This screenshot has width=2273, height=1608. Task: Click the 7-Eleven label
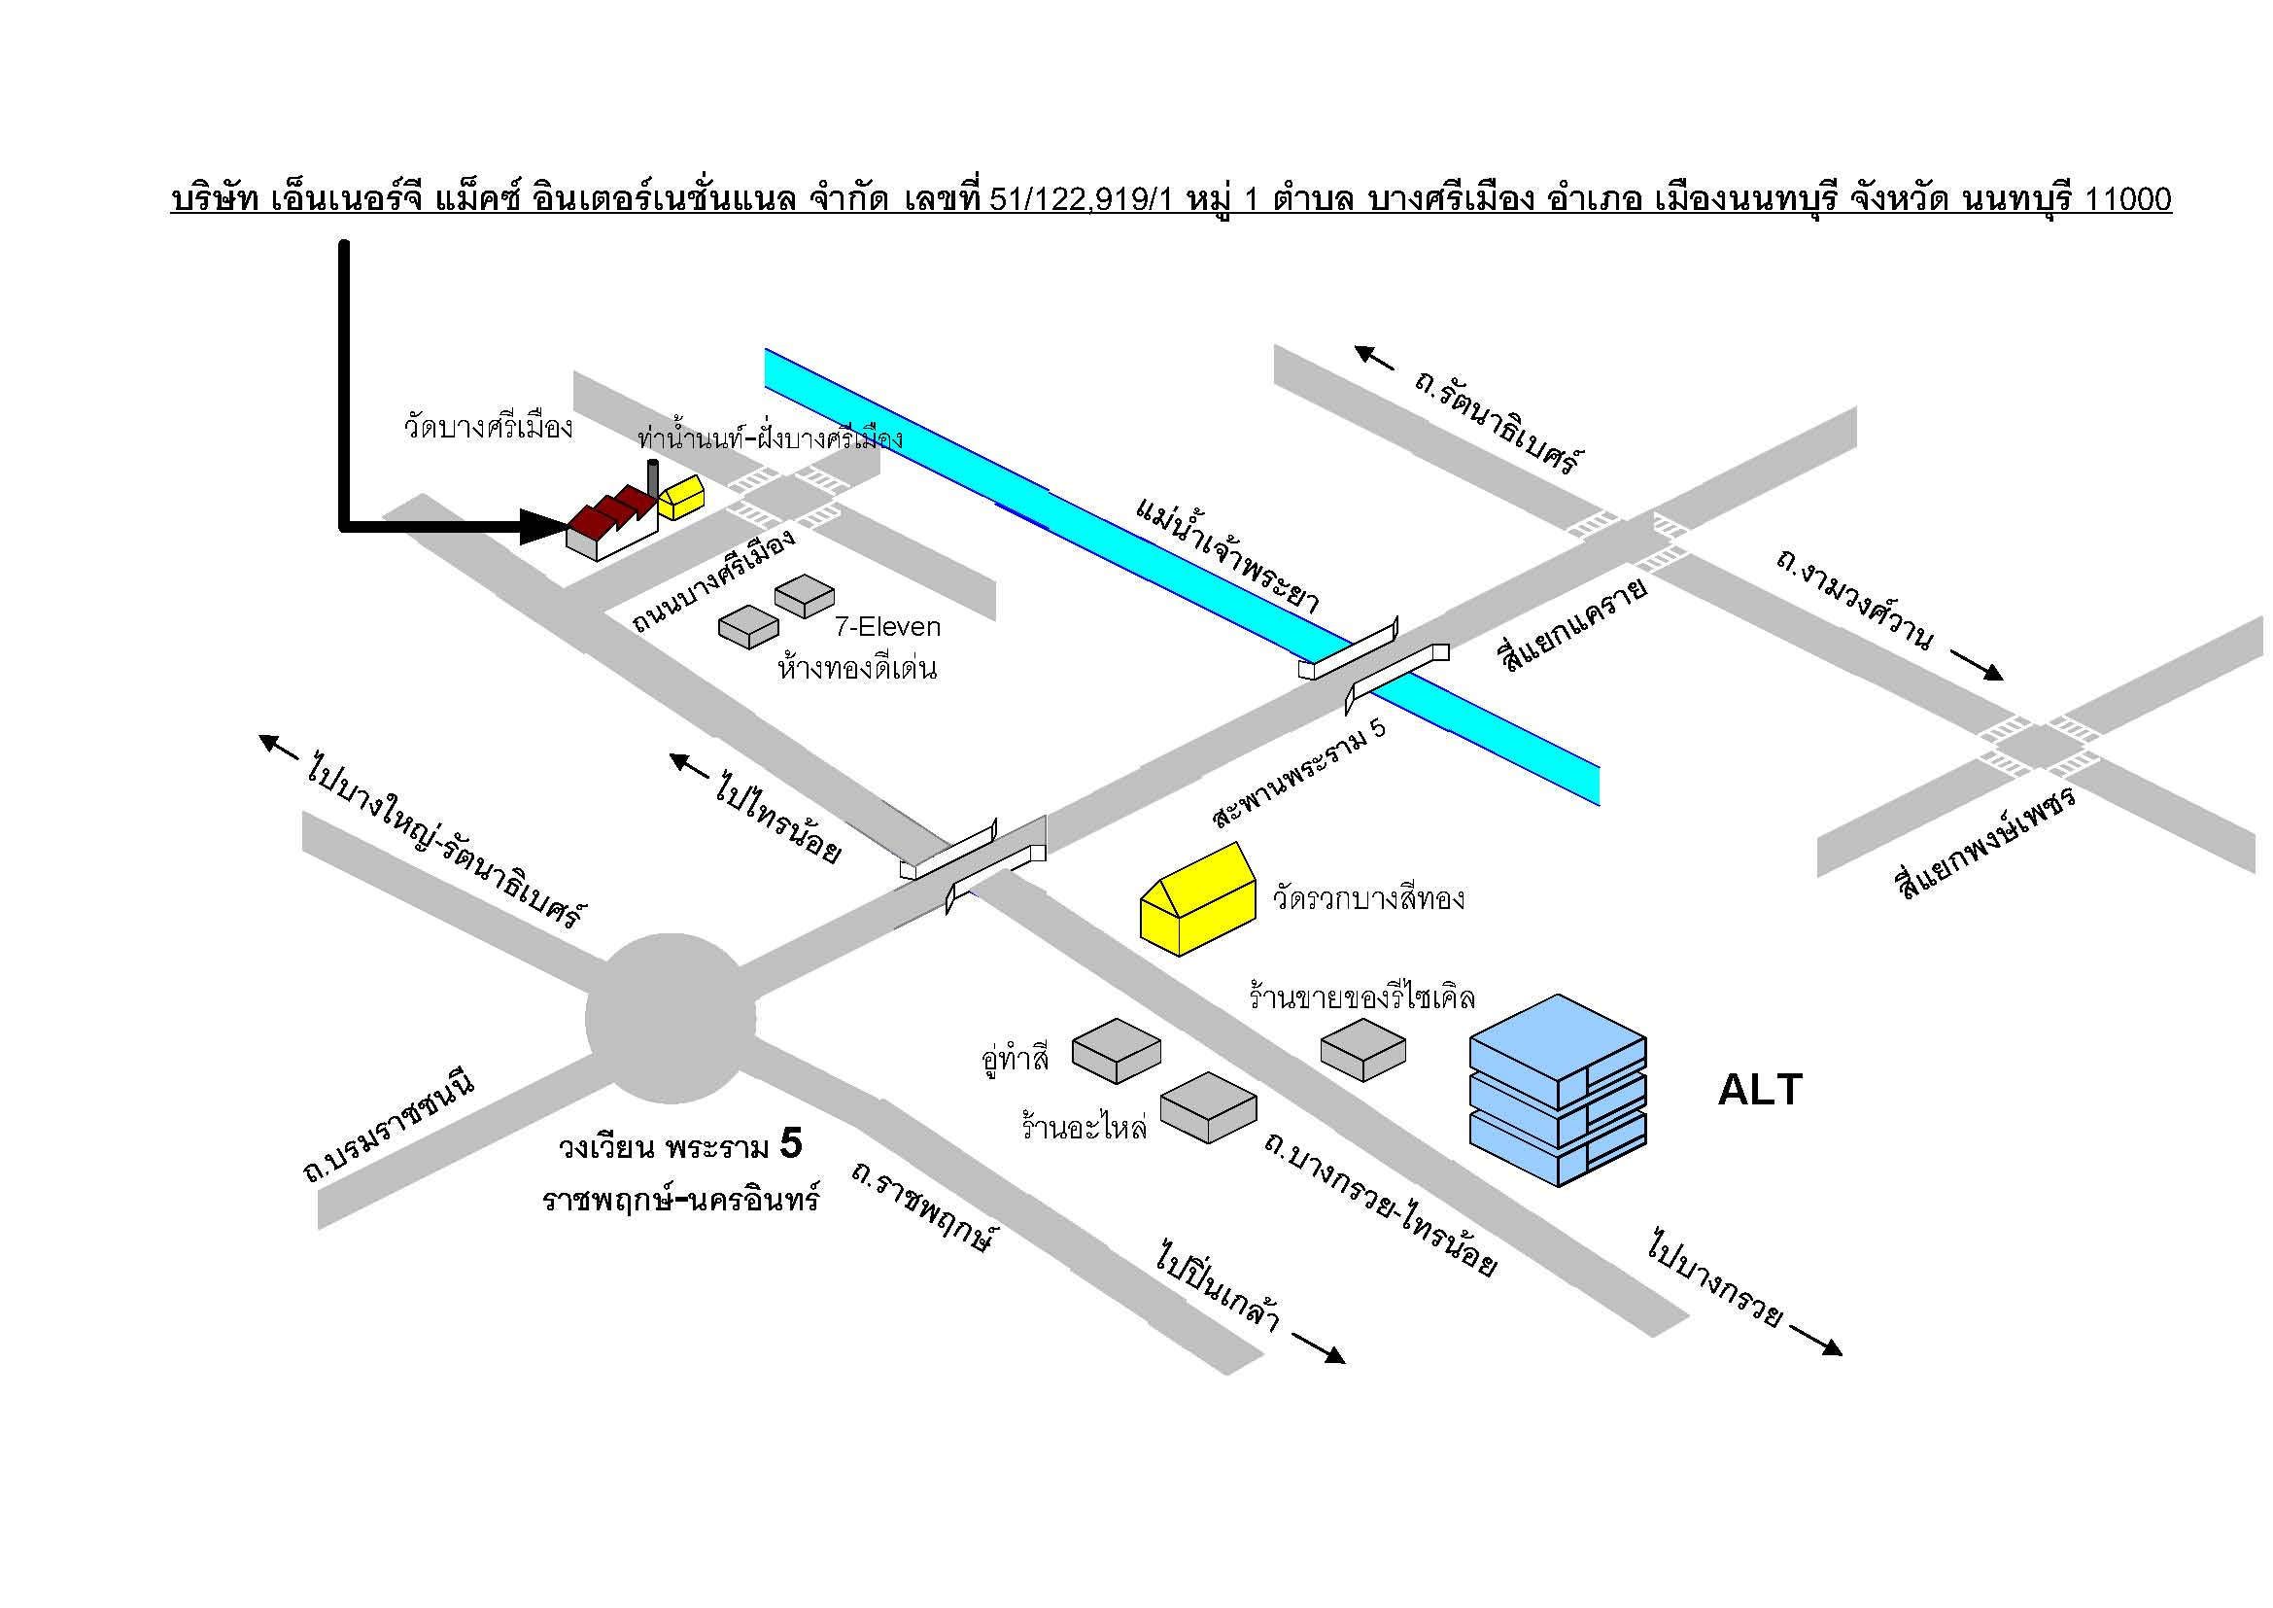point(887,627)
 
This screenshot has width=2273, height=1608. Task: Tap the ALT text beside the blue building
point(1760,1089)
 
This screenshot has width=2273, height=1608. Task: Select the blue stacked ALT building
point(1557,1090)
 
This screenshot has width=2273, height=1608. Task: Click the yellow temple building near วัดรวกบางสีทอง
point(1199,899)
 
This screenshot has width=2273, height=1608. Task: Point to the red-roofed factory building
point(612,522)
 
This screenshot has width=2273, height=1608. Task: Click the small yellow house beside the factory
point(682,497)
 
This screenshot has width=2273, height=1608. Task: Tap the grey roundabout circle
point(671,1018)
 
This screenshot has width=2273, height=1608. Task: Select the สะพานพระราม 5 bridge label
point(1299,773)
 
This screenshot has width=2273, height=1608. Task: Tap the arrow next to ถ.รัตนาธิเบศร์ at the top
point(1374,357)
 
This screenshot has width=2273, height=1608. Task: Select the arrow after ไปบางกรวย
point(1815,1340)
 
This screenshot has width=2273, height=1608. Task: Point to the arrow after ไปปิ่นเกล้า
point(1319,1348)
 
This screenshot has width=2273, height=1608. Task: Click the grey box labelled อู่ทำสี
point(1117,1051)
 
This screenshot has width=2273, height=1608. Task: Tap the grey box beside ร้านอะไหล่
point(1208,1108)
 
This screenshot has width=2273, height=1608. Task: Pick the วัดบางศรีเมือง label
point(488,428)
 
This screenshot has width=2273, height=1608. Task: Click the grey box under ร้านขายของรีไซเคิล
point(1363,1050)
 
